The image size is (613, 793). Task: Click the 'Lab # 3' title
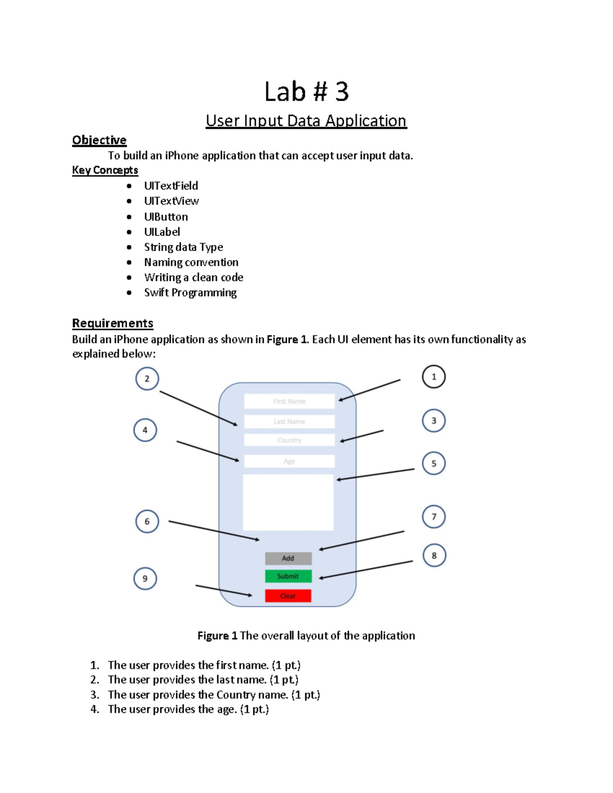click(x=306, y=92)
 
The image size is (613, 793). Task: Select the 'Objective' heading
click(x=99, y=140)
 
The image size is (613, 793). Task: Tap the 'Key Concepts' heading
click(x=105, y=170)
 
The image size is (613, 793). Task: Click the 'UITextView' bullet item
click(x=171, y=201)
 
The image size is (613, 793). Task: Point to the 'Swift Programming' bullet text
click(x=190, y=293)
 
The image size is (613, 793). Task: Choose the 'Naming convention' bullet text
click(x=191, y=262)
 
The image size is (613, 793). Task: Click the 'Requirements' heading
click(x=112, y=323)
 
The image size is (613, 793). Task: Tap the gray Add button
click(x=288, y=558)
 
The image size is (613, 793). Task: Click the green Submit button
click(x=288, y=576)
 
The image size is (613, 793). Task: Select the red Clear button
click(x=288, y=595)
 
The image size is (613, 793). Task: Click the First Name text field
click(x=289, y=401)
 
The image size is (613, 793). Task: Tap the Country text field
click(x=289, y=440)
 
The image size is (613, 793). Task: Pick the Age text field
click(x=289, y=461)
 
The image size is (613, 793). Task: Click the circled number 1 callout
click(x=434, y=377)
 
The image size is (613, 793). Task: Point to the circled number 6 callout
click(x=147, y=521)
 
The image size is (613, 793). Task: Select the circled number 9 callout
click(x=145, y=579)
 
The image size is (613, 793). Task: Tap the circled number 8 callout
click(x=434, y=556)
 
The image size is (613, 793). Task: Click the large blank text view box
click(x=288, y=502)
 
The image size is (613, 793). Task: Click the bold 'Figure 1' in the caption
click(x=217, y=636)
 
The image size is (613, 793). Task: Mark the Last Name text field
click(x=289, y=421)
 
